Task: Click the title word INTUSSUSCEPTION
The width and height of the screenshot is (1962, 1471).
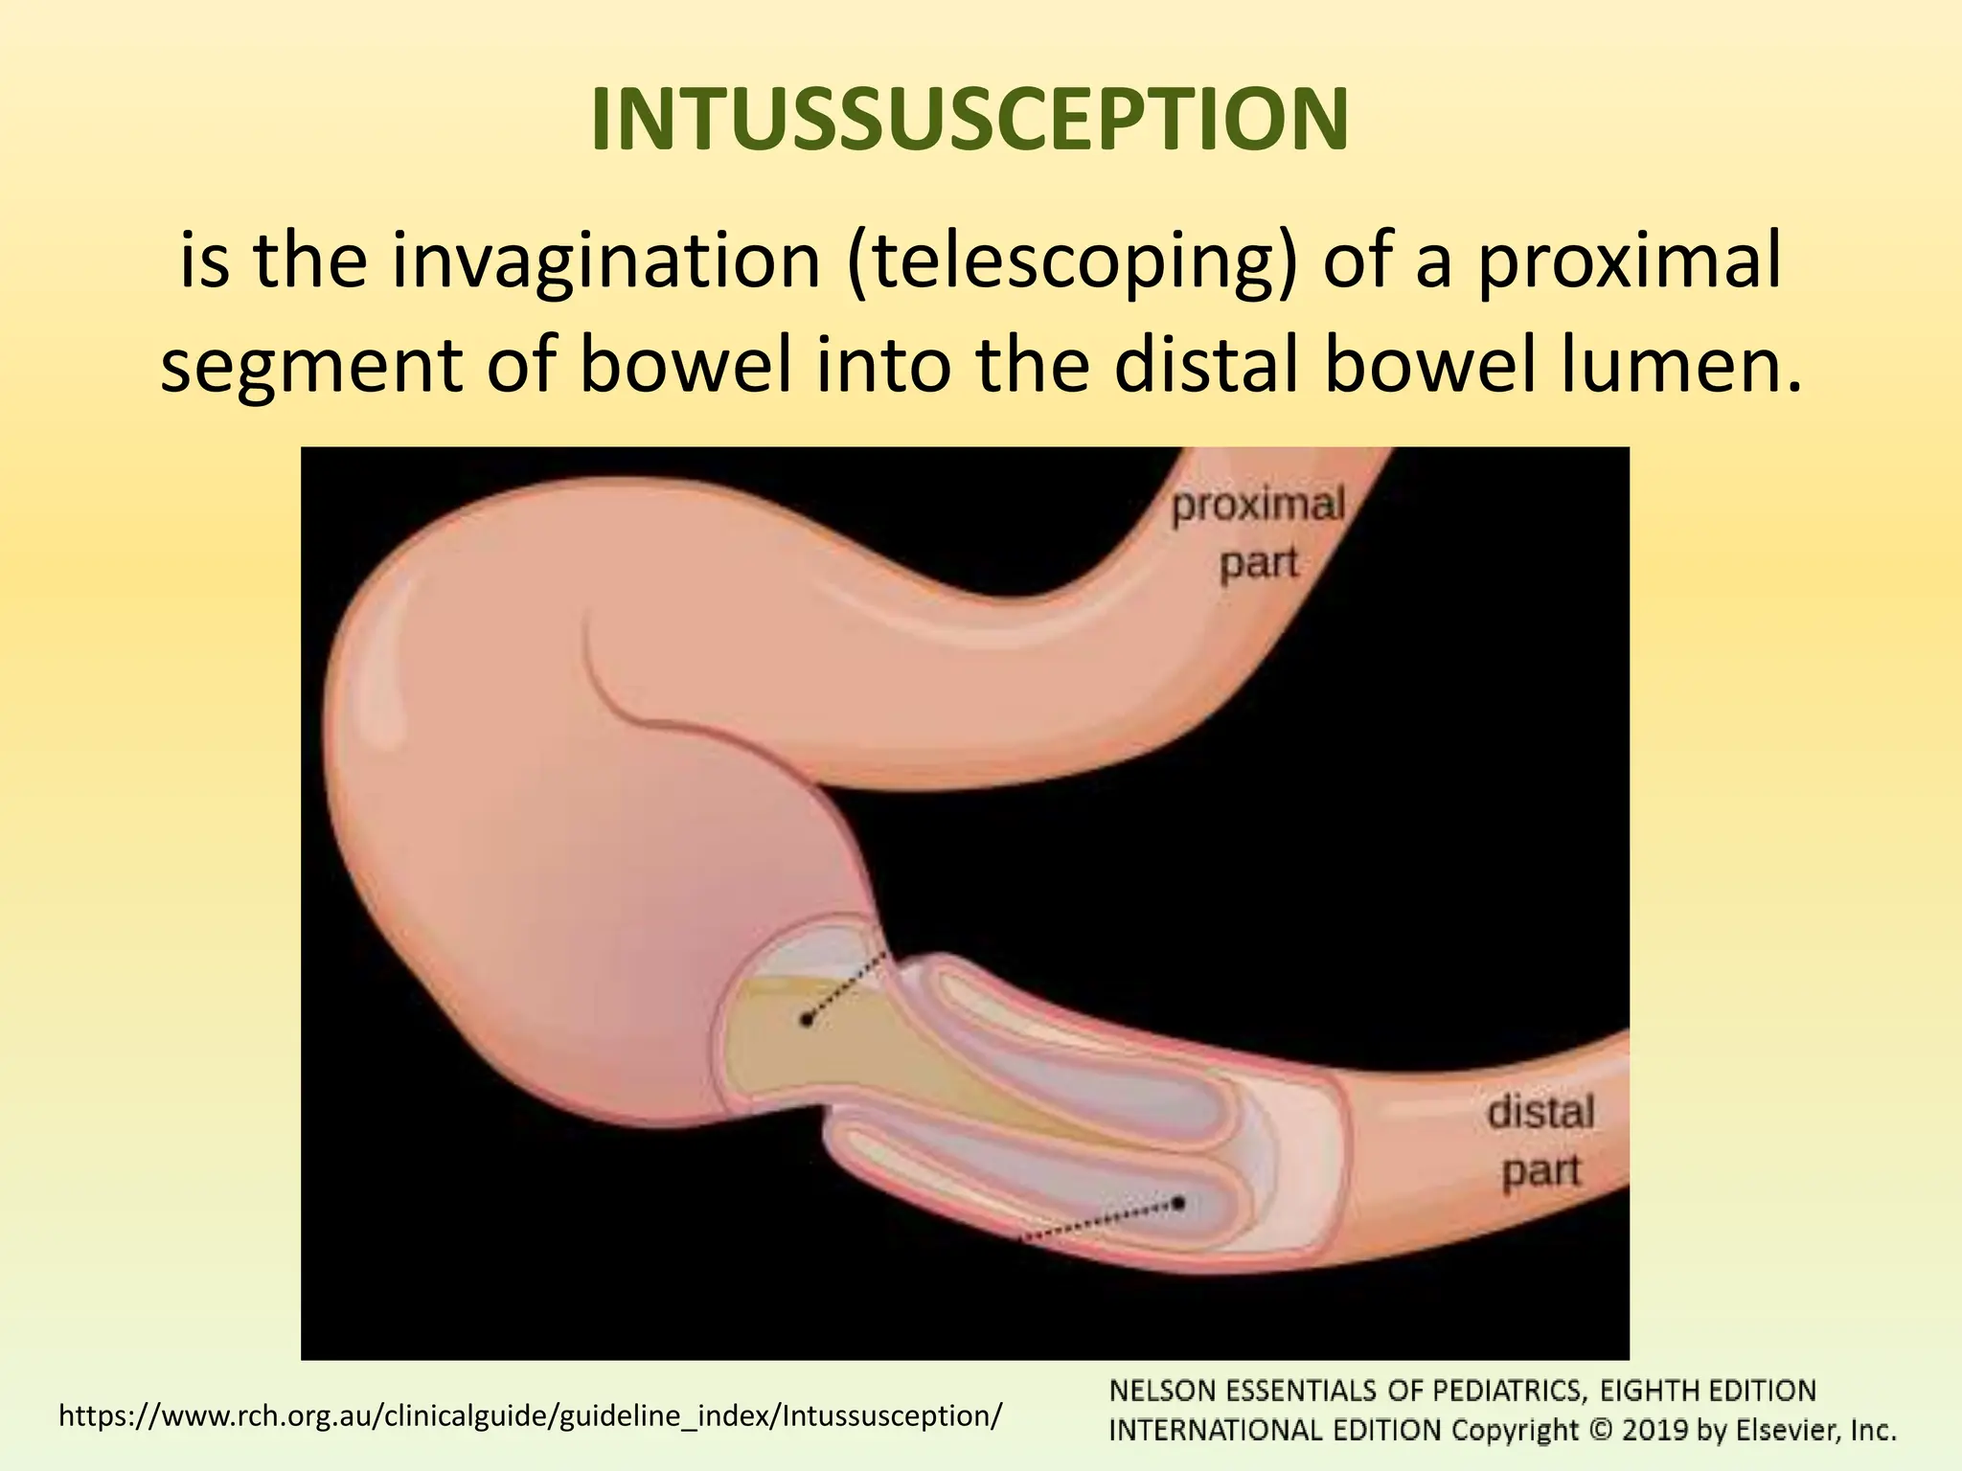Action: [x=970, y=121]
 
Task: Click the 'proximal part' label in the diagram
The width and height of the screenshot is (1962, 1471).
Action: [x=1258, y=533]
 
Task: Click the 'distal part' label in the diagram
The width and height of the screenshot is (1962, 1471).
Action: [x=1540, y=1142]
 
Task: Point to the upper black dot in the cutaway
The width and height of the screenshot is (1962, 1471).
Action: [x=807, y=1021]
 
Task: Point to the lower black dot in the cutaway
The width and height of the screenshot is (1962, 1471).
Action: [x=1179, y=1203]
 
